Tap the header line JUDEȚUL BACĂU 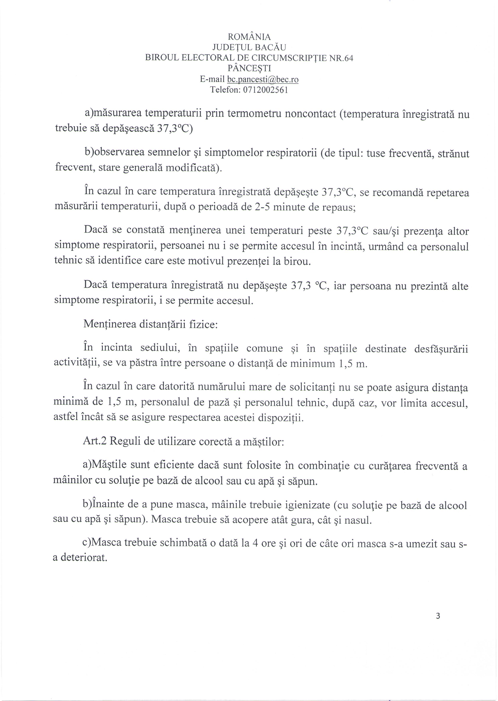[249, 47]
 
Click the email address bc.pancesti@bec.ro [263, 79]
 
